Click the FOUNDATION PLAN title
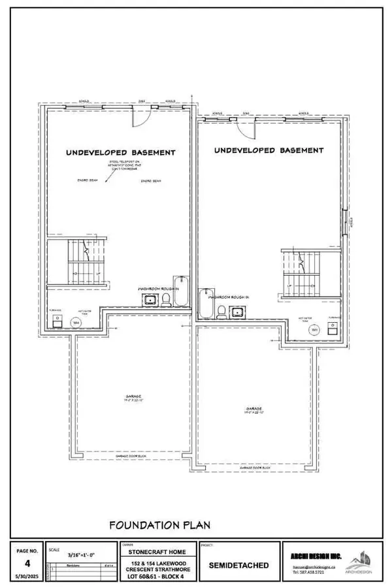click(159, 524)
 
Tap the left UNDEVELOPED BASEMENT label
click(121, 152)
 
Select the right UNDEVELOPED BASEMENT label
click(269, 150)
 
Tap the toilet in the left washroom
click(166, 300)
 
